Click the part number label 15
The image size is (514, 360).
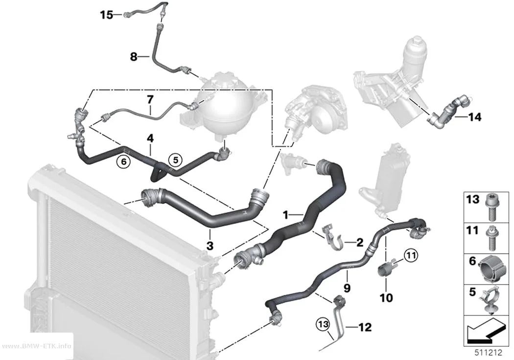107,15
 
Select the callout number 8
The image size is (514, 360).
134,57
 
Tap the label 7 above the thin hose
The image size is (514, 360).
150,99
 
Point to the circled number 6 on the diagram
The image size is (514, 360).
123,162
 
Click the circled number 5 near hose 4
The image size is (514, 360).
176,160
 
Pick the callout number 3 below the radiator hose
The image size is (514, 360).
210,245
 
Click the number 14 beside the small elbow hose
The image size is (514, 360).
475,117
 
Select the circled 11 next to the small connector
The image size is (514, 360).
411,255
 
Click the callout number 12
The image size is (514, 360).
365,327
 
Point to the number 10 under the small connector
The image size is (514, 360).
386,298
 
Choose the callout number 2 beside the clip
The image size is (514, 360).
360,242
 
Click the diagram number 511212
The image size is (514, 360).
489,353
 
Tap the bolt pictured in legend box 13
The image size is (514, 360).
491,209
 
